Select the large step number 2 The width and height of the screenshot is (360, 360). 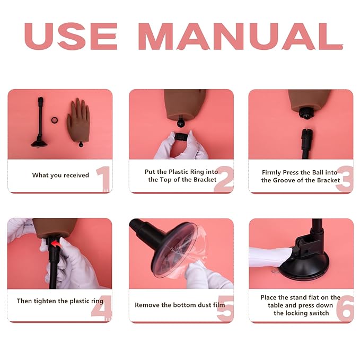[x=223, y=179]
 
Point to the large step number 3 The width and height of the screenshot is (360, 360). [x=344, y=179]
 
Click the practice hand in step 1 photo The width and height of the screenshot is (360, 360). [x=78, y=118]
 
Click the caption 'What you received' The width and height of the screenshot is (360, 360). [x=60, y=175]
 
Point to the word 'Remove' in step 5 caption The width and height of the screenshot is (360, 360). [x=147, y=305]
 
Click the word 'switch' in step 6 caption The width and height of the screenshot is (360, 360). [x=317, y=313]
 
